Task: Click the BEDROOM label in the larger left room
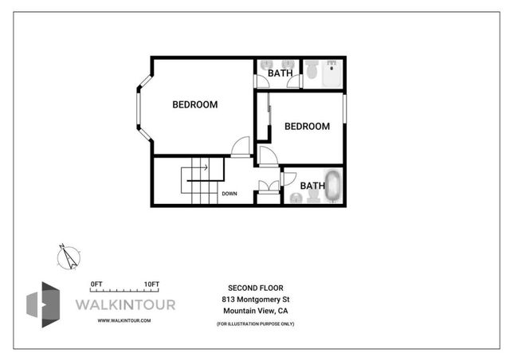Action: tap(195, 104)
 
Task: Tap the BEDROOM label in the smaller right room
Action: tap(307, 126)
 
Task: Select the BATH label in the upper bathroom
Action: tap(280, 73)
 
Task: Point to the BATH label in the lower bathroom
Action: tap(312, 186)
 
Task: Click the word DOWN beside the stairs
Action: tap(229, 193)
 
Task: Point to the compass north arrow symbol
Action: tap(69, 255)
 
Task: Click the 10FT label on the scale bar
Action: tap(151, 284)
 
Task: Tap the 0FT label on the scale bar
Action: tap(98, 284)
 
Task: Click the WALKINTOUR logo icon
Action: tap(43, 304)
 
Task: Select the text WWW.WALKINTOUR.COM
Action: tap(124, 320)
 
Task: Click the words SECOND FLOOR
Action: tap(255, 288)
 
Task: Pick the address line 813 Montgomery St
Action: tap(255, 299)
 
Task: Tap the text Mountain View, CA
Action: tap(255, 310)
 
